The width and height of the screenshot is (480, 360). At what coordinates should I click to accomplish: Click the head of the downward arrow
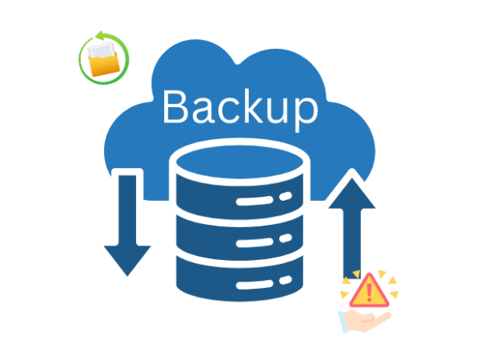pos(127,259)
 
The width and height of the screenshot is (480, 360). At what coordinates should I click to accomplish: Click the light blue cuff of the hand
pos(343,322)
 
